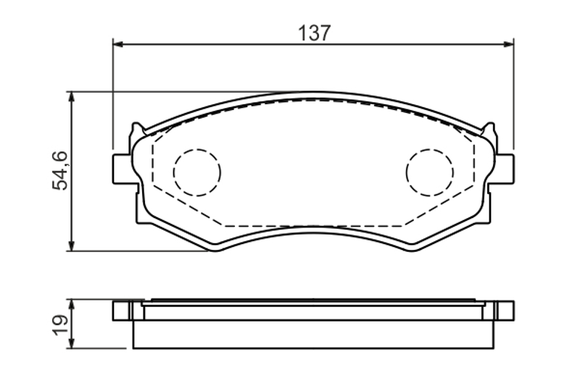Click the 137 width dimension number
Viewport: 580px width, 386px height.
click(314, 33)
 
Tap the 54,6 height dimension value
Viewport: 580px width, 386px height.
click(60, 171)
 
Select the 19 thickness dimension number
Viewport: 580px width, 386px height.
click(60, 325)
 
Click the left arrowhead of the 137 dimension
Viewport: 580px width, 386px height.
click(117, 44)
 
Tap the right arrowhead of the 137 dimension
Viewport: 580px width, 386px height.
click(509, 44)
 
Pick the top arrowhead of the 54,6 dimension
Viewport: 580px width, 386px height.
click(72, 97)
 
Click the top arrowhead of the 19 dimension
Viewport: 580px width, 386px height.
click(72, 306)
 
